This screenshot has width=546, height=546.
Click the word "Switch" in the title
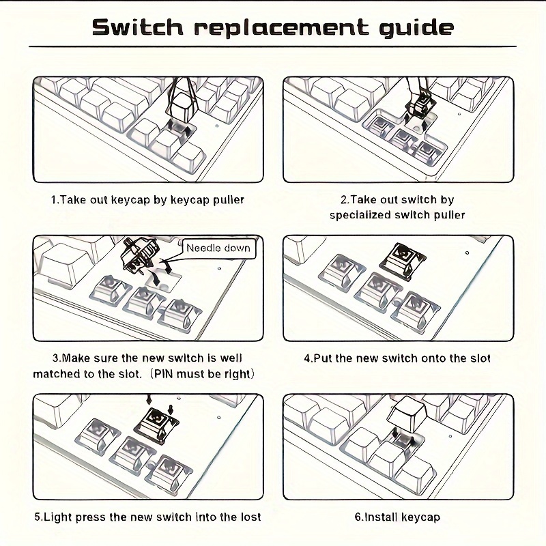click(138, 27)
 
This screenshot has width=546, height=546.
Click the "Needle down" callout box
click(218, 248)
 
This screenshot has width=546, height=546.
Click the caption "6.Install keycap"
click(397, 517)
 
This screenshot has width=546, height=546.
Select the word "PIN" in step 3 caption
click(164, 374)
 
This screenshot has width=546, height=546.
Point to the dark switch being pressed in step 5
click(156, 425)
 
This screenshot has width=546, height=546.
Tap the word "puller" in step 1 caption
click(229, 200)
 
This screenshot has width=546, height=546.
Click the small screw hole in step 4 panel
click(467, 253)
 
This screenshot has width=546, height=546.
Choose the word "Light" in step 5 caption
click(56, 517)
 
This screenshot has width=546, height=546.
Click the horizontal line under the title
click(272, 46)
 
